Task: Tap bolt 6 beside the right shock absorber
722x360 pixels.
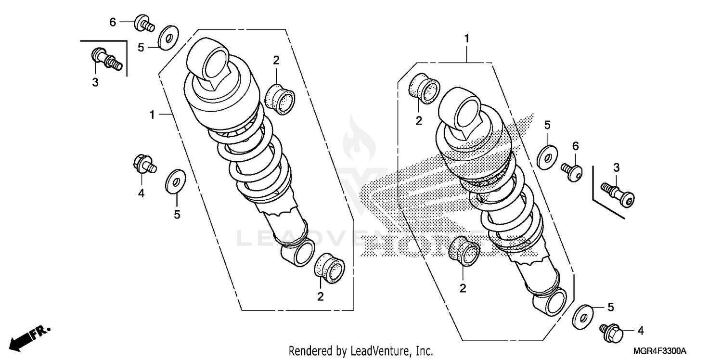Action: coord(572,170)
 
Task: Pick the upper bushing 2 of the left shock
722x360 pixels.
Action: coord(280,99)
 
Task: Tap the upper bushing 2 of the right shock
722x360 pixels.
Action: coord(425,88)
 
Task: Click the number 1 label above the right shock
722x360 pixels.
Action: coord(466,38)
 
